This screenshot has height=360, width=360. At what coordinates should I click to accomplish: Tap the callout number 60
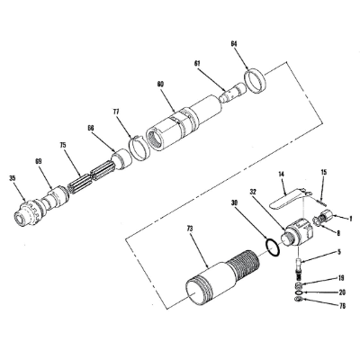click(x=160, y=84)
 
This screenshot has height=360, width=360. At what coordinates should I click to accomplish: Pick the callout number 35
click(x=13, y=178)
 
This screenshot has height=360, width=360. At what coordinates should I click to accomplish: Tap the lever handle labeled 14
click(x=292, y=193)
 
